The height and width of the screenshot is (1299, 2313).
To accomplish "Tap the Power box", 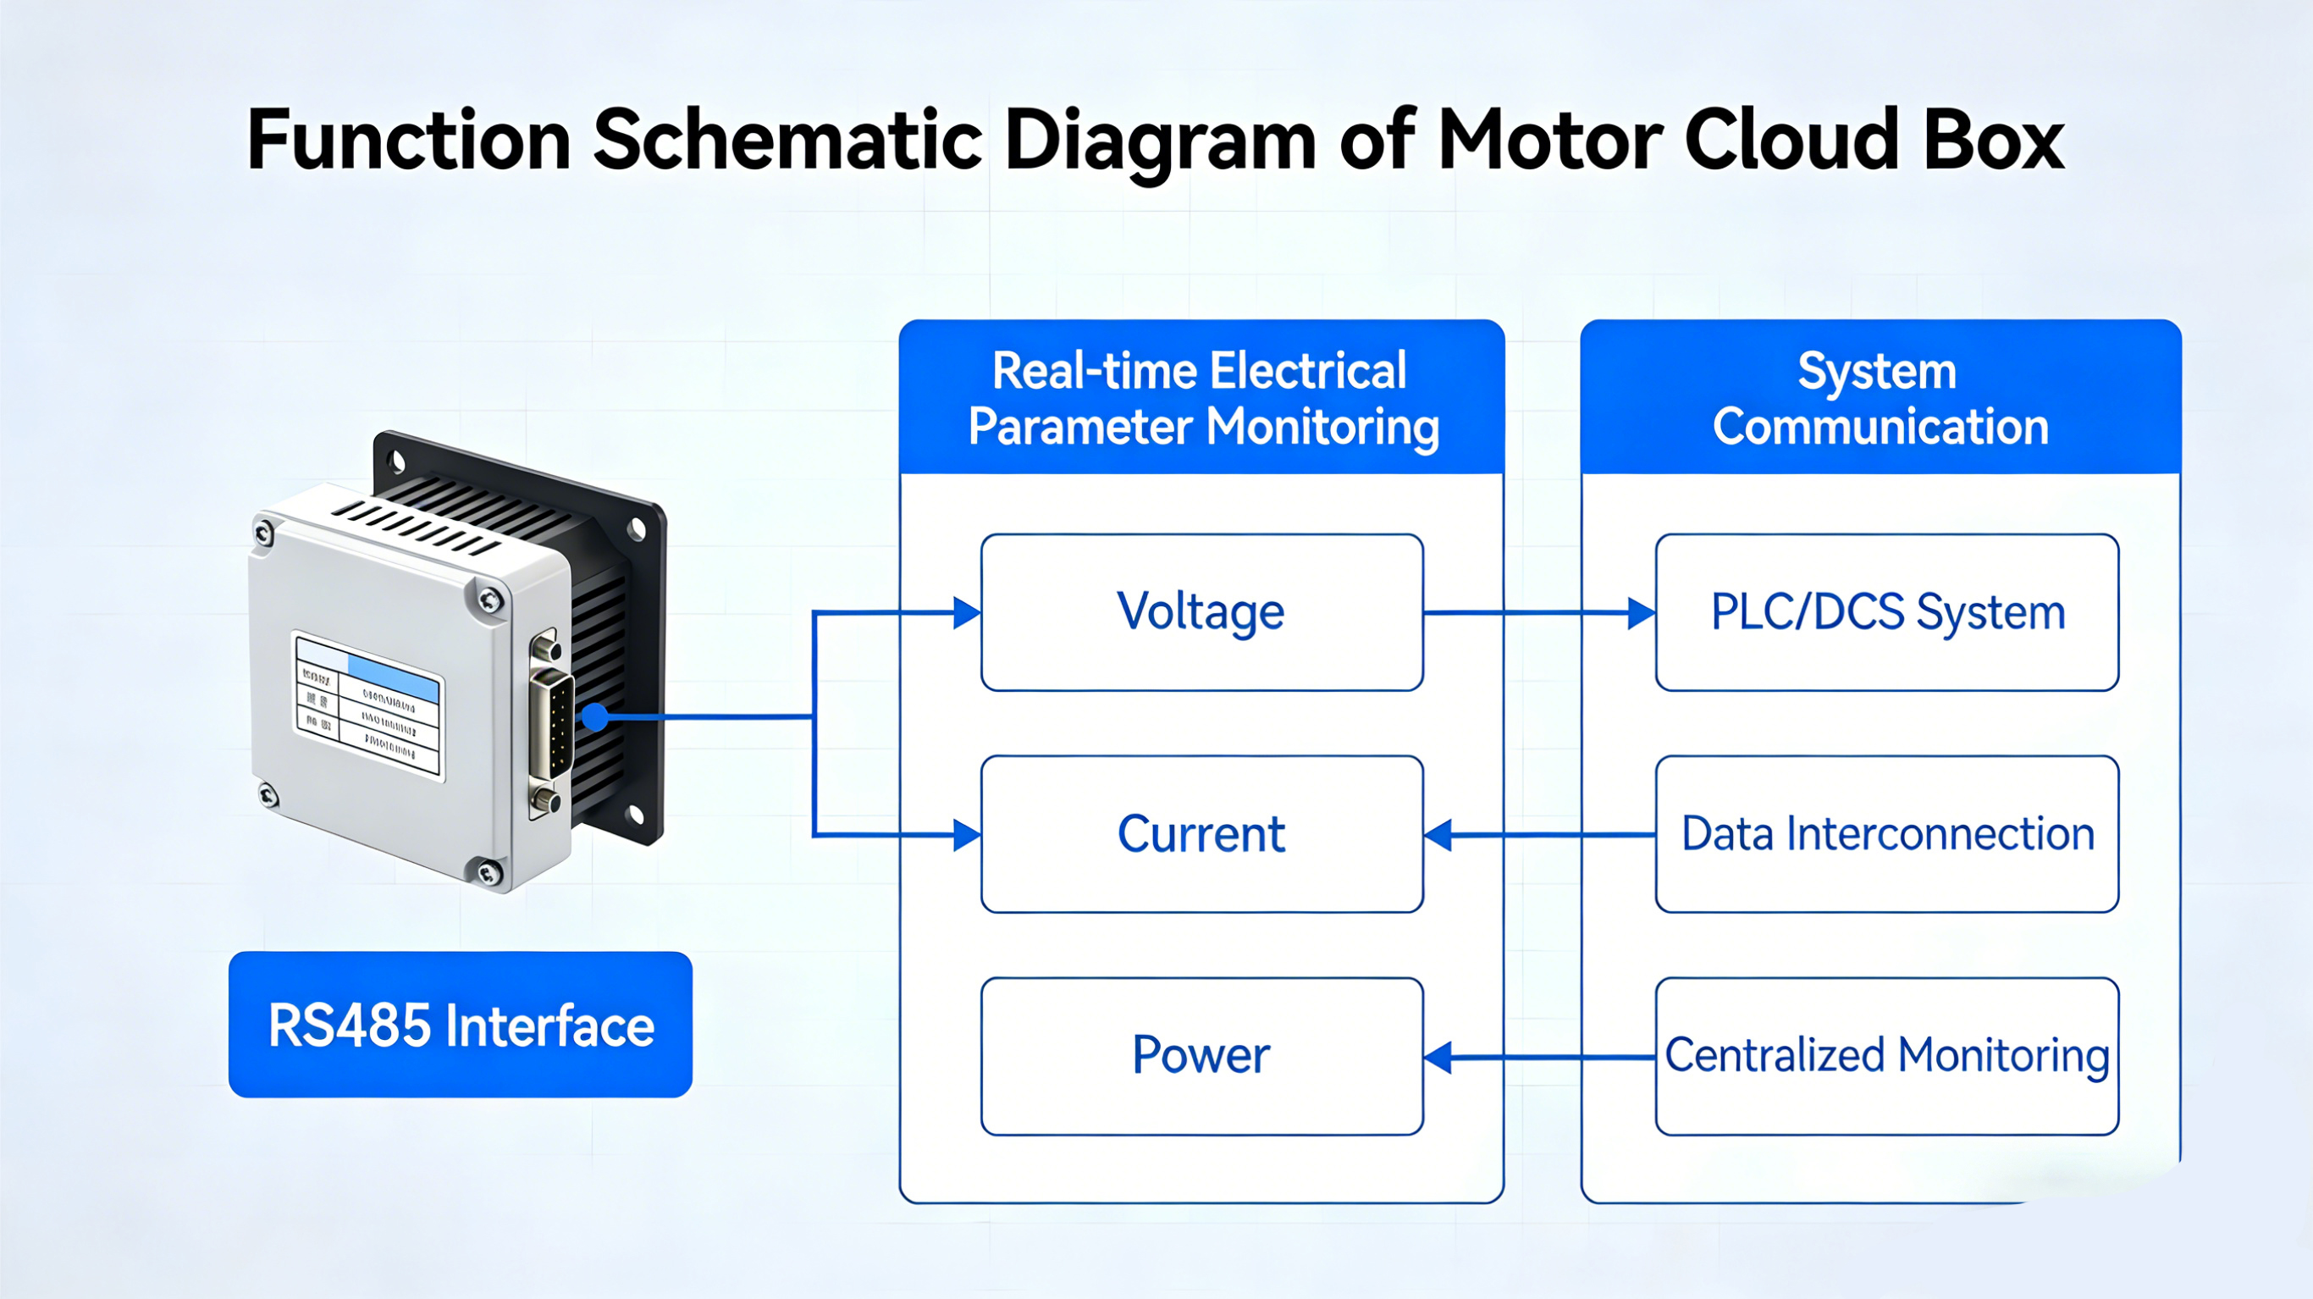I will [1201, 1056].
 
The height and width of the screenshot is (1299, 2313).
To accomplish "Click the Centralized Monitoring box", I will [1886, 1056].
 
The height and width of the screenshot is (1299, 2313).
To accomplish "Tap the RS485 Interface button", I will [460, 1025].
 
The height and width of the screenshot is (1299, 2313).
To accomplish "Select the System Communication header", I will [1880, 398].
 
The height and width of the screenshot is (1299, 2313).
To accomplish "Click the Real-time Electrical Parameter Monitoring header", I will [1201, 398].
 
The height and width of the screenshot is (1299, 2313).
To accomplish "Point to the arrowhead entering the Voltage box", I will [967, 613].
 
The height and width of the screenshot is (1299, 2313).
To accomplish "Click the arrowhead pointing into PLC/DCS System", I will [1642, 613].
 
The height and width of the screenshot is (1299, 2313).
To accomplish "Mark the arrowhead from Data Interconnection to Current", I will [1438, 835].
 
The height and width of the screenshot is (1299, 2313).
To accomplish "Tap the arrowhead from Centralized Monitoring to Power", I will [1438, 1058].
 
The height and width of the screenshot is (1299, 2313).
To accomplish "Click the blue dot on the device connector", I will [594, 717].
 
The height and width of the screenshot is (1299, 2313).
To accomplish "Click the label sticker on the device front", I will [368, 706].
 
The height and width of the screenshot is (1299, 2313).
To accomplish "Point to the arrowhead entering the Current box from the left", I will [967, 835].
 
